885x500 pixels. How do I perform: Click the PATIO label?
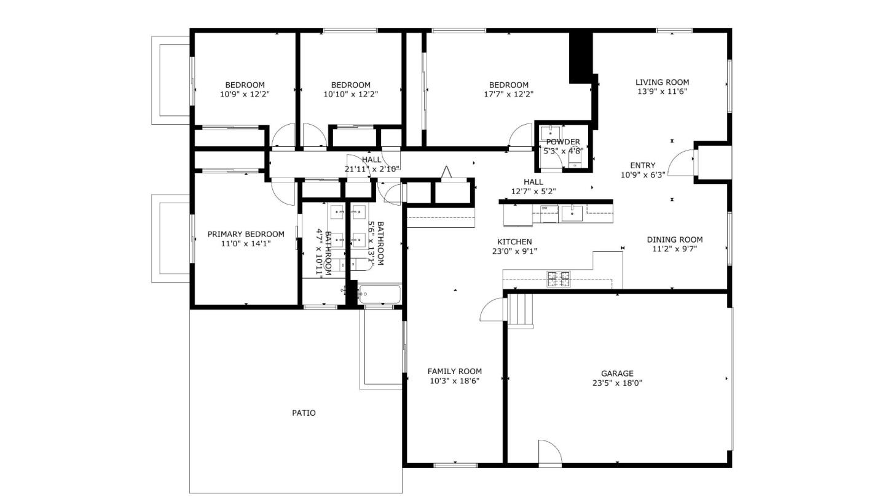click(x=304, y=413)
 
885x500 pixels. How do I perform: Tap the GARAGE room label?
click(x=617, y=373)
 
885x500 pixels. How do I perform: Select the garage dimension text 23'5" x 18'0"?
click(x=617, y=383)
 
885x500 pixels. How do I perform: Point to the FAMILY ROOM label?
click(x=454, y=371)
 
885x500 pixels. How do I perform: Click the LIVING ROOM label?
click(x=662, y=82)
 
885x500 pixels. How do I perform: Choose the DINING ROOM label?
click(x=674, y=240)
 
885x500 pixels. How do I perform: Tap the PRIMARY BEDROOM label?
click(x=246, y=234)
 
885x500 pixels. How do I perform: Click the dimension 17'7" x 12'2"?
click(x=508, y=95)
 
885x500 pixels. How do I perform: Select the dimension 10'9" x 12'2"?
click(x=245, y=95)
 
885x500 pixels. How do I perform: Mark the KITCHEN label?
click(x=514, y=241)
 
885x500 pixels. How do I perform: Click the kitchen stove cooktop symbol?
click(x=558, y=279)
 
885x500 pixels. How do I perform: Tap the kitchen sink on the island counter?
click(x=572, y=213)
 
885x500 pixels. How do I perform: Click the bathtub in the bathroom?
click(x=379, y=294)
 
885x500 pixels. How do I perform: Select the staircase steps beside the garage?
click(x=519, y=310)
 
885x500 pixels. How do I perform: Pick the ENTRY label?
click(x=642, y=165)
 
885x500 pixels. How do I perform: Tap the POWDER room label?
click(x=563, y=142)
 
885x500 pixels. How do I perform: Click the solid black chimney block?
click(x=580, y=57)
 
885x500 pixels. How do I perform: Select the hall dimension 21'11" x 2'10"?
click(x=372, y=169)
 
